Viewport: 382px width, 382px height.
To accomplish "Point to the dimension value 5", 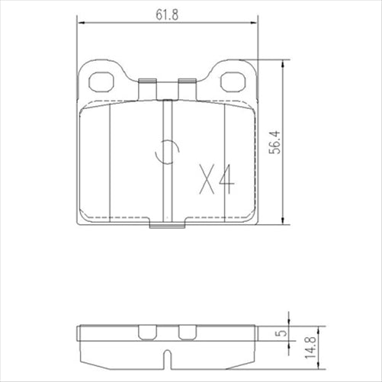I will click(x=281, y=332).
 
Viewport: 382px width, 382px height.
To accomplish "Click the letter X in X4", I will click(x=205, y=179).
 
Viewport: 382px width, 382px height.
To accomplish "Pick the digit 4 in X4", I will click(x=225, y=179).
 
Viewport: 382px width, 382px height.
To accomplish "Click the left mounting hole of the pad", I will click(x=100, y=79).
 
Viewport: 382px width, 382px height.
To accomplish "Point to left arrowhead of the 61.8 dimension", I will click(x=81, y=24).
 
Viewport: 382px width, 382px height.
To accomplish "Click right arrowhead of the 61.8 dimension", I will click(x=254, y=24).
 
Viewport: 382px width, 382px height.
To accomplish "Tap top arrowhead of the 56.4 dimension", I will click(x=287, y=65).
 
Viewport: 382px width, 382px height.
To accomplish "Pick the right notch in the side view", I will click(x=186, y=332).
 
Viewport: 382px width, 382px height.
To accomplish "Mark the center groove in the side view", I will click(x=167, y=355).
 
